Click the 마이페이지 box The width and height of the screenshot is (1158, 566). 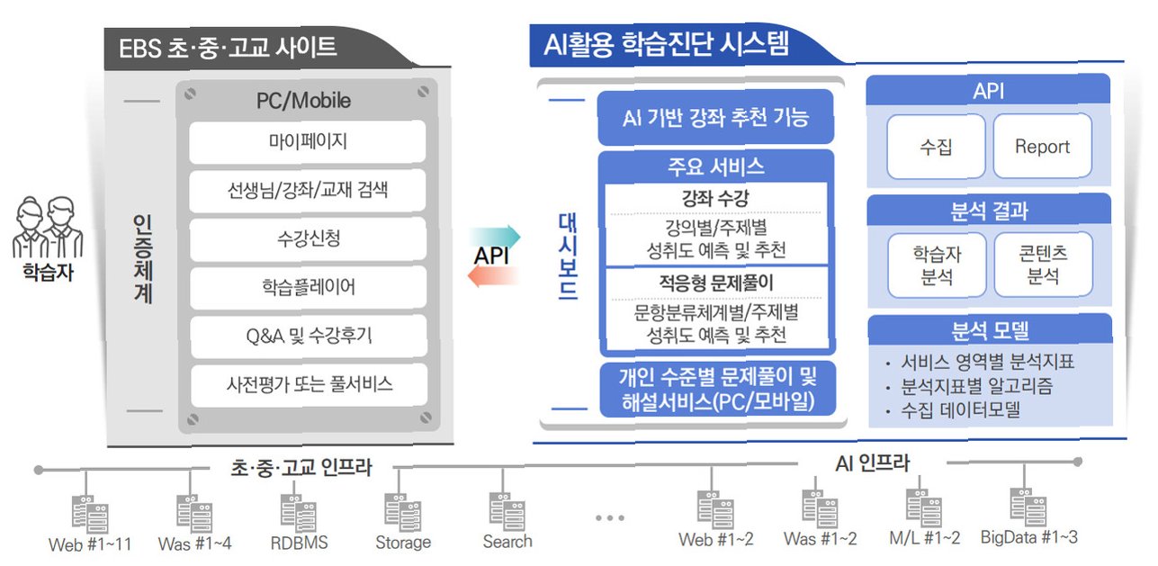[308, 141]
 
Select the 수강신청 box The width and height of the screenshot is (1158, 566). [308, 239]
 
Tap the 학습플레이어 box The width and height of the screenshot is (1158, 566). [308, 288]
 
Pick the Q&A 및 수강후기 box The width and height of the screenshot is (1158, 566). [308, 337]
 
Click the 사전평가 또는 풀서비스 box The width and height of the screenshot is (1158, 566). [308, 385]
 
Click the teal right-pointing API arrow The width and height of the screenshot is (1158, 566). [495, 237]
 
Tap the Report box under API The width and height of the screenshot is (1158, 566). [1042, 146]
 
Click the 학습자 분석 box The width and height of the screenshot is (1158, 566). [936, 265]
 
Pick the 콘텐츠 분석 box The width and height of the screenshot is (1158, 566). [1042, 265]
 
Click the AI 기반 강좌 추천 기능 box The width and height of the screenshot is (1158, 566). [715, 118]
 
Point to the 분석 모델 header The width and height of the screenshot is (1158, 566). [989, 329]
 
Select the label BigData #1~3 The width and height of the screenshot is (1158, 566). [1028, 537]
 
